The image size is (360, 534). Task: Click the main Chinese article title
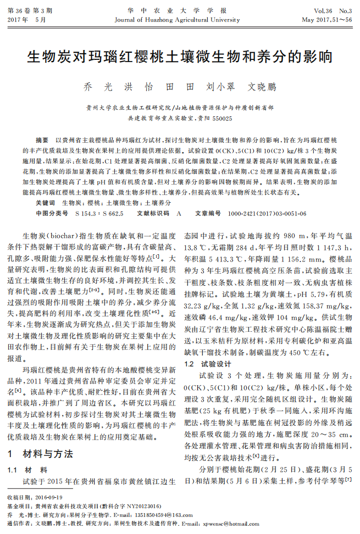click(180, 57)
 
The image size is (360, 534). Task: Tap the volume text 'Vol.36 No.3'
click(333, 11)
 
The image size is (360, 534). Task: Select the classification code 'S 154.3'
click(84, 213)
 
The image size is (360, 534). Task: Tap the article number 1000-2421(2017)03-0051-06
click(259, 213)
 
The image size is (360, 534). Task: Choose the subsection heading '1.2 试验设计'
click(204, 364)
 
